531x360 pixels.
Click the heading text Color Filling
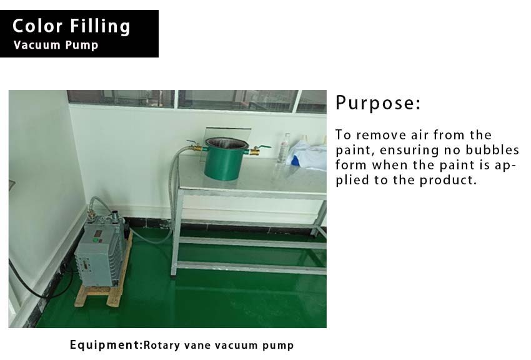tap(71, 26)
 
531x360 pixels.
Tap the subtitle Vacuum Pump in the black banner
tap(56, 45)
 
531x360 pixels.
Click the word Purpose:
tap(377, 103)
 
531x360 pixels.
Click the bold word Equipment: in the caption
tap(106, 345)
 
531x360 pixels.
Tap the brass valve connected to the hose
tap(195, 146)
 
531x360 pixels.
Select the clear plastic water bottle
tap(284, 148)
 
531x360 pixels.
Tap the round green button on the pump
tap(96, 241)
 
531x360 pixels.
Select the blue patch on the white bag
tap(295, 161)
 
